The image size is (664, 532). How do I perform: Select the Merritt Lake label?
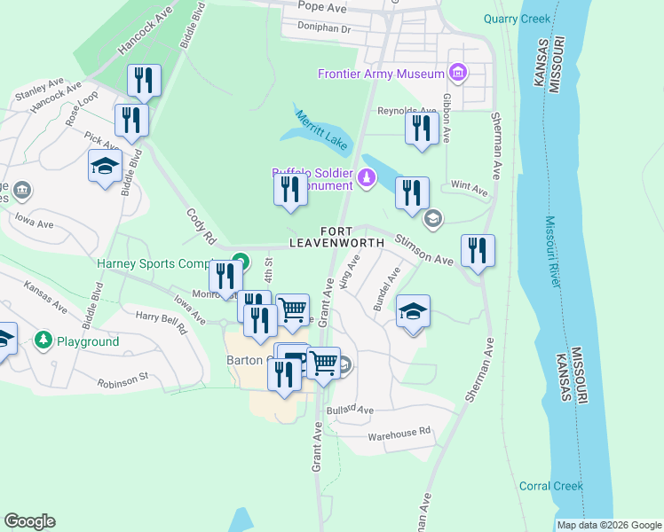point(323,129)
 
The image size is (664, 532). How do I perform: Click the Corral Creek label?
point(550,486)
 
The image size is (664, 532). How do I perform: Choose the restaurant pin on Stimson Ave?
point(478,251)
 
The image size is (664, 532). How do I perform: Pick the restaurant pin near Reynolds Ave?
point(423,128)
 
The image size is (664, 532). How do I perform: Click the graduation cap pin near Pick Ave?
point(105,166)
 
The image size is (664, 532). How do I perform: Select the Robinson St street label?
point(123,380)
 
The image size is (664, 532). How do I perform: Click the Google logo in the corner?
point(29,521)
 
